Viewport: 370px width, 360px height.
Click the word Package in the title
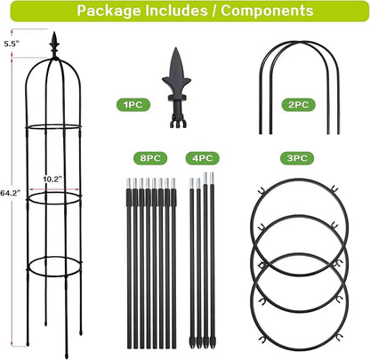(x=109, y=11)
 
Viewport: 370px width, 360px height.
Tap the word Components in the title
(x=267, y=11)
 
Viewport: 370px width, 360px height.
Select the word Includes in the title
(x=176, y=10)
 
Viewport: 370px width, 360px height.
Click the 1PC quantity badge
(x=133, y=105)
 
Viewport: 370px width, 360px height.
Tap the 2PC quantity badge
(x=298, y=105)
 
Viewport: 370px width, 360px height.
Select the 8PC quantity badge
(x=150, y=158)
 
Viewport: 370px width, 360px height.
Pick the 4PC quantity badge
(x=203, y=158)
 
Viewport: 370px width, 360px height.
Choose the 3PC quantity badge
(x=297, y=158)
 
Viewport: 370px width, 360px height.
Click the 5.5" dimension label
(x=12, y=44)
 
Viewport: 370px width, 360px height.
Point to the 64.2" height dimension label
(x=11, y=193)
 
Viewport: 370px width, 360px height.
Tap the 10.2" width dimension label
(x=52, y=180)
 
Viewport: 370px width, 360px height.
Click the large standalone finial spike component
(x=177, y=88)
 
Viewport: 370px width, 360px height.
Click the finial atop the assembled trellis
(x=54, y=45)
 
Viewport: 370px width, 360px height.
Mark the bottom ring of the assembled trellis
(x=54, y=276)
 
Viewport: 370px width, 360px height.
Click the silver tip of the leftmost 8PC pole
(x=128, y=183)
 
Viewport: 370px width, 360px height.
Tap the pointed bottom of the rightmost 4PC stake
(x=213, y=344)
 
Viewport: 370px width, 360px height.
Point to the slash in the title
(x=214, y=11)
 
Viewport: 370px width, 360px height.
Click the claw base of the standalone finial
(x=178, y=123)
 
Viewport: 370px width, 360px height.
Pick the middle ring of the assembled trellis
(x=54, y=204)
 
